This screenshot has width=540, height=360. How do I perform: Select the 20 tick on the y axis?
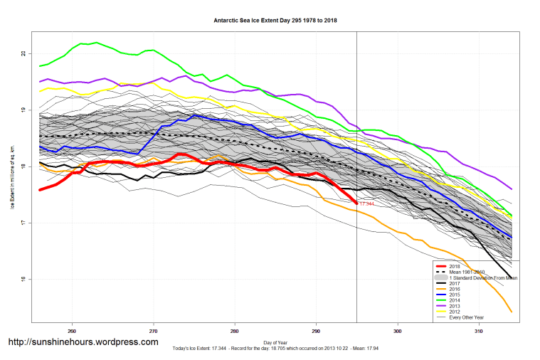[x=23, y=54]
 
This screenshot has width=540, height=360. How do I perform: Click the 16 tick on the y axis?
[x=23, y=279]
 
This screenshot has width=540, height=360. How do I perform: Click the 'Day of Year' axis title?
[x=275, y=342]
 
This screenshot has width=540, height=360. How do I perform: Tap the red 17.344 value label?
[x=366, y=204]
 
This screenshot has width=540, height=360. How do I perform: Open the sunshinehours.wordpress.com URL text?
[x=83, y=342]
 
